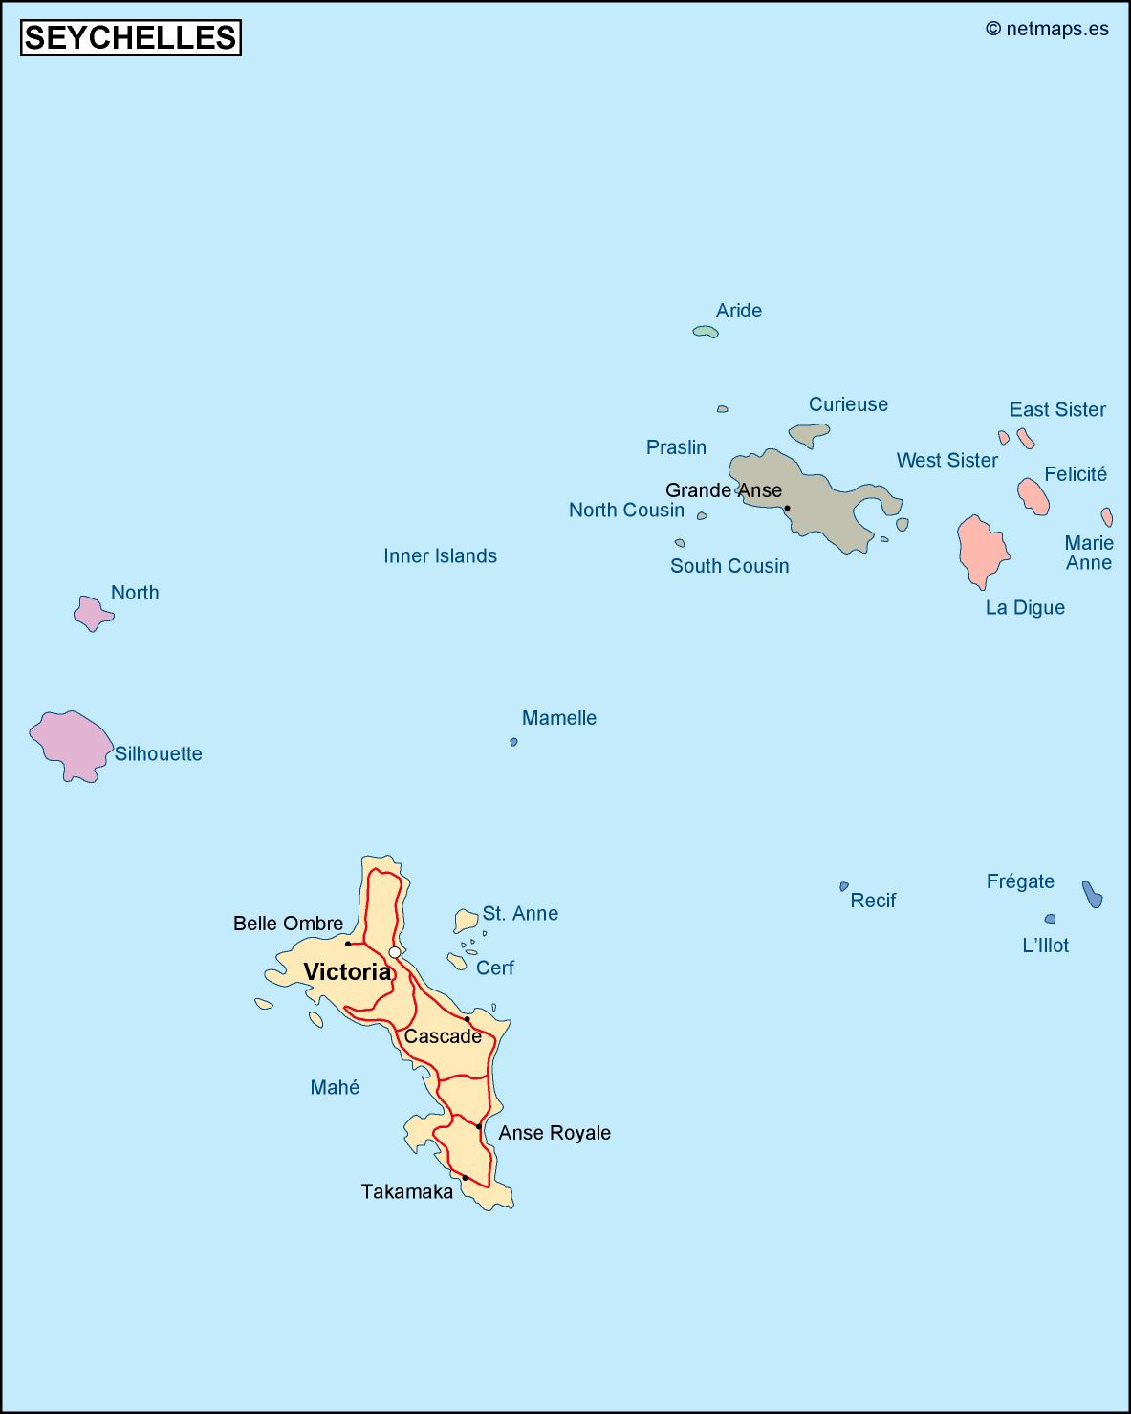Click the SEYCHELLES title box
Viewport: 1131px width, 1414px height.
click(x=131, y=37)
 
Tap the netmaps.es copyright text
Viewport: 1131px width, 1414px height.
click(x=1047, y=29)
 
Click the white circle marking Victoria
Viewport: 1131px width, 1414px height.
click(x=394, y=952)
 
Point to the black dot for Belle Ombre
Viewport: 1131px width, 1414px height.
click(x=348, y=944)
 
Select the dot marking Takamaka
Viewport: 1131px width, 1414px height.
click(x=465, y=1178)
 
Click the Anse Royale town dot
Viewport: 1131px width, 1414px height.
click(x=479, y=1126)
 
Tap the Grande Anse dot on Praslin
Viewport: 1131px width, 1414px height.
click(x=787, y=508)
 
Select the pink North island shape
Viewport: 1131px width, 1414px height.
click(x=92, y=612)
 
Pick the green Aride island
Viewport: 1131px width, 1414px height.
click(x=706, y=331)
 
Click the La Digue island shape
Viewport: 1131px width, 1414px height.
click(x=982, y=551)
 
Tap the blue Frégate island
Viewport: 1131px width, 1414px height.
click(x=1092, y=894)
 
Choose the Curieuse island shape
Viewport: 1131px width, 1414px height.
click(x=810, y=435)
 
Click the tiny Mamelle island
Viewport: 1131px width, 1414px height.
click(x=513, y=742)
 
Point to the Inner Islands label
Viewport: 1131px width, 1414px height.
click(x=440, y=555)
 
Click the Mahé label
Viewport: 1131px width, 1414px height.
click(x=335, y=1087)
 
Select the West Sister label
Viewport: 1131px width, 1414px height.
click(x=946, y=460)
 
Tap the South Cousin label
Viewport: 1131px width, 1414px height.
click(x=729, y=566)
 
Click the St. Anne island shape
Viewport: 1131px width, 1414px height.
click(x=466, y=921)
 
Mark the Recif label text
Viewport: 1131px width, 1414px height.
click(x=873, y=900)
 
